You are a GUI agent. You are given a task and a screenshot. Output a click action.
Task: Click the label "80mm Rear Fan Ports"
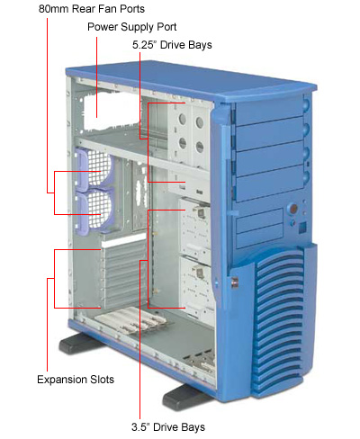pyautogui.click(x=92, y=9)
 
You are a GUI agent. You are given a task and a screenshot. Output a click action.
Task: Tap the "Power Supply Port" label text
pyautogui.click(x=132, y=27)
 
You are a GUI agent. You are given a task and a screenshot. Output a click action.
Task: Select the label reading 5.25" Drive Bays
pyautogui.click(x=172, y=45)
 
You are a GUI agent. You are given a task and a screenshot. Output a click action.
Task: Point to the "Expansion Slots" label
pyautogui.click(x=76, y=380)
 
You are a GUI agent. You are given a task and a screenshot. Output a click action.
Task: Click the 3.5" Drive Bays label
pyautogui.click(x=168, y=427)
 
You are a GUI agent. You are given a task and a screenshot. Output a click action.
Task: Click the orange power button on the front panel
pyautogui.click(x=293, y=208)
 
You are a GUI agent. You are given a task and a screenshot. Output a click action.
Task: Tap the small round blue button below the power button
pyautogui.click(x=293, y=222)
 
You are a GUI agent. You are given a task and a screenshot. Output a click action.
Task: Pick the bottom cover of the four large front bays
pyautogui.click(x=269, y=187)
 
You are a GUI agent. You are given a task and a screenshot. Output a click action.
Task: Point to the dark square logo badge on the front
pyautogui.click(x=302, y=228)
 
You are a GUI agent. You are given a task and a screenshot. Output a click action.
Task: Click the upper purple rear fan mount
pyautogui.click(x=94, y=169)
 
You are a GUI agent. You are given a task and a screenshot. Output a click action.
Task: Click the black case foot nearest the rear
pyautogui.click(x=78, y=344)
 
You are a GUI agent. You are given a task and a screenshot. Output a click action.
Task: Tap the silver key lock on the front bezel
pyautogui.click(x=235, y=282)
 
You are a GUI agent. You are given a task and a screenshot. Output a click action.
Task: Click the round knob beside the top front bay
pyautogui.click(x=306, y=105)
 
